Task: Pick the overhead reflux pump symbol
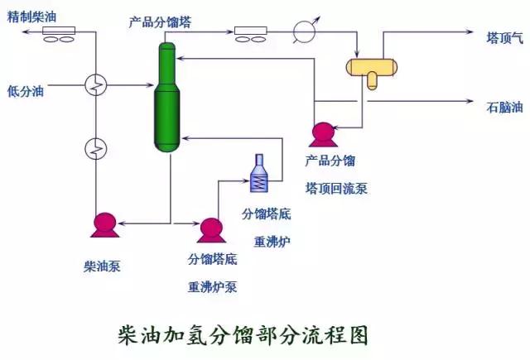320,132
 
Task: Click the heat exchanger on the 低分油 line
96,84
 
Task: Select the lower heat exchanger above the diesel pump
96,149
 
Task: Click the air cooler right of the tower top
249,34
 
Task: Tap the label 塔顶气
504,36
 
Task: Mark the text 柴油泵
103,266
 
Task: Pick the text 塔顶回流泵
336,188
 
